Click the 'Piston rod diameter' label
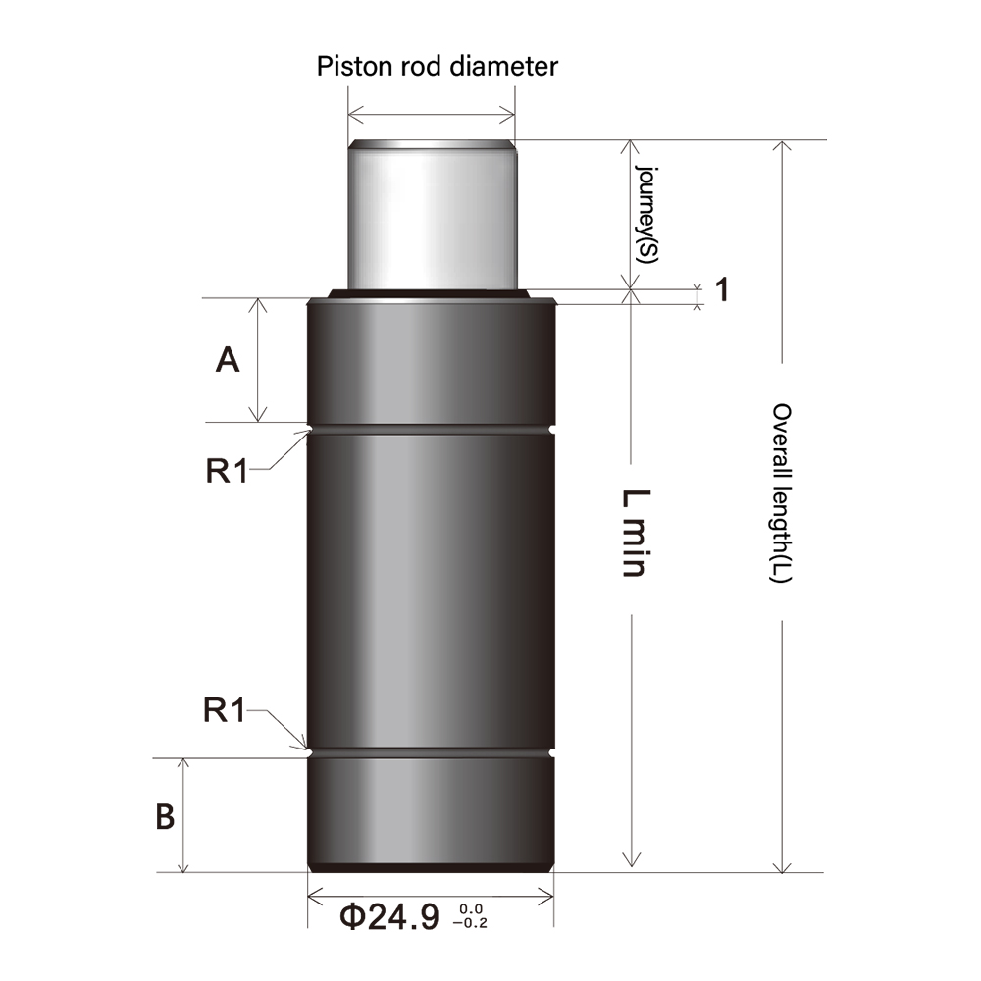pyautogui.click(x=437, y=67)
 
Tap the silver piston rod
pyautogui.click(x=432, y=216)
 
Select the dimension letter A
pyautogui.click(x=228, y=361)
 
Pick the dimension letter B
pyautogui.click(x=166, y=817)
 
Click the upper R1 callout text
pyautogui.click(x=227, y=471)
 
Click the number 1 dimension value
pyautogui.click(x=721, y=290)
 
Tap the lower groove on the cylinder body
pyautogui.click(x=432, y=754)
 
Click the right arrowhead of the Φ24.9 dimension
pyautogui.click(x=548, y=896)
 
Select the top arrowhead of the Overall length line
pyautogui.click(x=781, y=146)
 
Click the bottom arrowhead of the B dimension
pyautogui.click(x=183, y=866)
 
